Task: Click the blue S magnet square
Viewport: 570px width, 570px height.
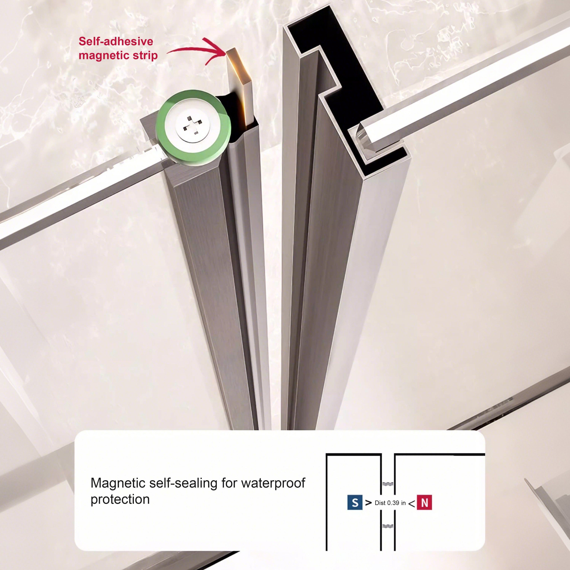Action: point(355,502)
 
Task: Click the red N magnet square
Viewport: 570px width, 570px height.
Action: point(424,502)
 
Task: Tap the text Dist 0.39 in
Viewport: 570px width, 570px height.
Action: point(390,503)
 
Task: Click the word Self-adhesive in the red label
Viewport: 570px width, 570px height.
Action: point(116,41)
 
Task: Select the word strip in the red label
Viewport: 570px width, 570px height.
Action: point(145,55)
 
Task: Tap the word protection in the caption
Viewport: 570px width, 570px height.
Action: point(120,499)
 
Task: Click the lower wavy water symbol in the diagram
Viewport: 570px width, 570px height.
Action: point(388,526)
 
